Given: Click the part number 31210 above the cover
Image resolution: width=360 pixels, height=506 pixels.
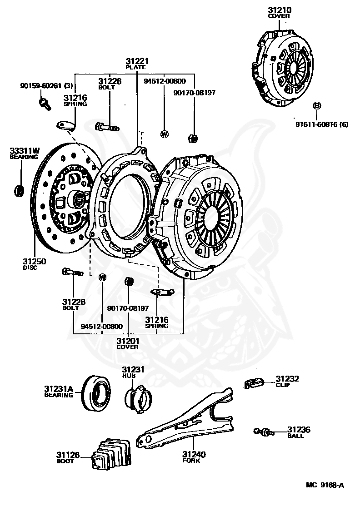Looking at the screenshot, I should click(279, 10).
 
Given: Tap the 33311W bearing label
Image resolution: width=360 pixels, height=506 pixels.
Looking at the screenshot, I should click(25, 153).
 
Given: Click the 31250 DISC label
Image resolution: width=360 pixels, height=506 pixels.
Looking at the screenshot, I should click(33, 264).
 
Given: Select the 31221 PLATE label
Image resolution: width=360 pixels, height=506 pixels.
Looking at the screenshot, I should click(136, 63).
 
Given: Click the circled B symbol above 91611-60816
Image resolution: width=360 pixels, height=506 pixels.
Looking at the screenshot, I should click(317, 106).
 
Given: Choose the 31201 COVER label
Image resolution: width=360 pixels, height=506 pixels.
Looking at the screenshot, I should click(127, 343).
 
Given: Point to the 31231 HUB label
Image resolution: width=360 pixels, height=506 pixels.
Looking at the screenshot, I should click(133, 372).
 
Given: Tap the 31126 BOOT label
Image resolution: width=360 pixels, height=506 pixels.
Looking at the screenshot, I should click(68, 456).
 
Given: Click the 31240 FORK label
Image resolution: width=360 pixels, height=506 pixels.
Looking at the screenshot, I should click(194, 456).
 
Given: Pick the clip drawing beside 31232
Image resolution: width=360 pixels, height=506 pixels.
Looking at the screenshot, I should click(255, 383).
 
